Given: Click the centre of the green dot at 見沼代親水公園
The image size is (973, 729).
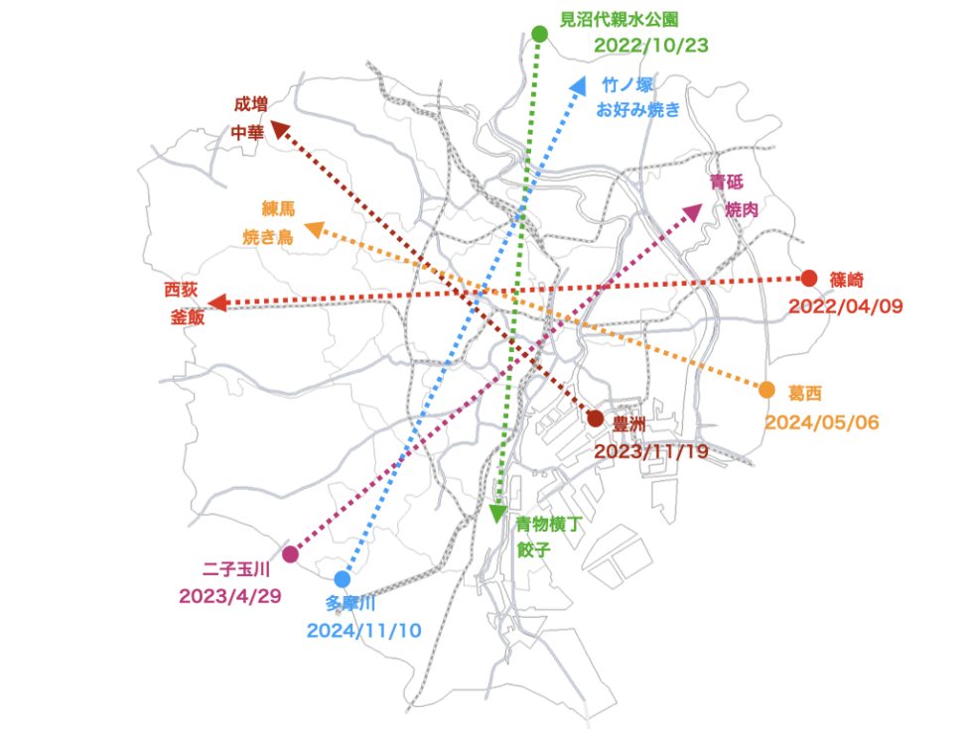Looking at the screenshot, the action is point(540,34).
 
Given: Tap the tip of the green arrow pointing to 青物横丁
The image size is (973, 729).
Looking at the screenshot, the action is point(497,524).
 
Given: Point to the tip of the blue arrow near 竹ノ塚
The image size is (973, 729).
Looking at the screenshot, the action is point(585,77).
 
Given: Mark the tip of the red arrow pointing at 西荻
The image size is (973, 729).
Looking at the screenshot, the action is point(208,304).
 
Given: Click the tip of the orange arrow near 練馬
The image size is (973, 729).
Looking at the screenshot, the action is point(306,225).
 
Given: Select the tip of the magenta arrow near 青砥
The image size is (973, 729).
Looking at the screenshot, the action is point(703,205).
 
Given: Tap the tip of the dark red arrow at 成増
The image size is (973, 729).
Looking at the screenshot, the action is point(272,121).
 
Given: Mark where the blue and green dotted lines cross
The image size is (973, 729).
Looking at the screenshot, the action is point(521,215).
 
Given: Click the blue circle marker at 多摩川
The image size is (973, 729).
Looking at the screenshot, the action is point(342,579).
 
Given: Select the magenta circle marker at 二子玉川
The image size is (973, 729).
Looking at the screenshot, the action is point(290,553).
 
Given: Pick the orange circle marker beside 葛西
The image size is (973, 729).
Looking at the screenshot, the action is point(766,390).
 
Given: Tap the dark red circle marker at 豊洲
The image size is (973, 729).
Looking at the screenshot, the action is point(595,419).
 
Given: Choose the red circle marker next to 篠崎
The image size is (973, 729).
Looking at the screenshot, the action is point(809,279).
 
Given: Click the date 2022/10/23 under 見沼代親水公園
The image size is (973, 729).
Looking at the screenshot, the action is point(651,46).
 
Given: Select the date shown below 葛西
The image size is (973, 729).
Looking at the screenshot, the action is point(822,423).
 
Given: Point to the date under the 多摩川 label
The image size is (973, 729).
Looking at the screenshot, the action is point(364,631).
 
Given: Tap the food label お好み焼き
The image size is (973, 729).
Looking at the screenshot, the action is point(637,110).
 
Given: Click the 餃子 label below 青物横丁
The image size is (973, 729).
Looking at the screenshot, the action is point(534,549).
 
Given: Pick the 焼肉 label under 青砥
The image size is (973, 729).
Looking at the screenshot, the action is point(743,209).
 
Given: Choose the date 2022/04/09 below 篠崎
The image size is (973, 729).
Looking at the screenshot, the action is point(846,306).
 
